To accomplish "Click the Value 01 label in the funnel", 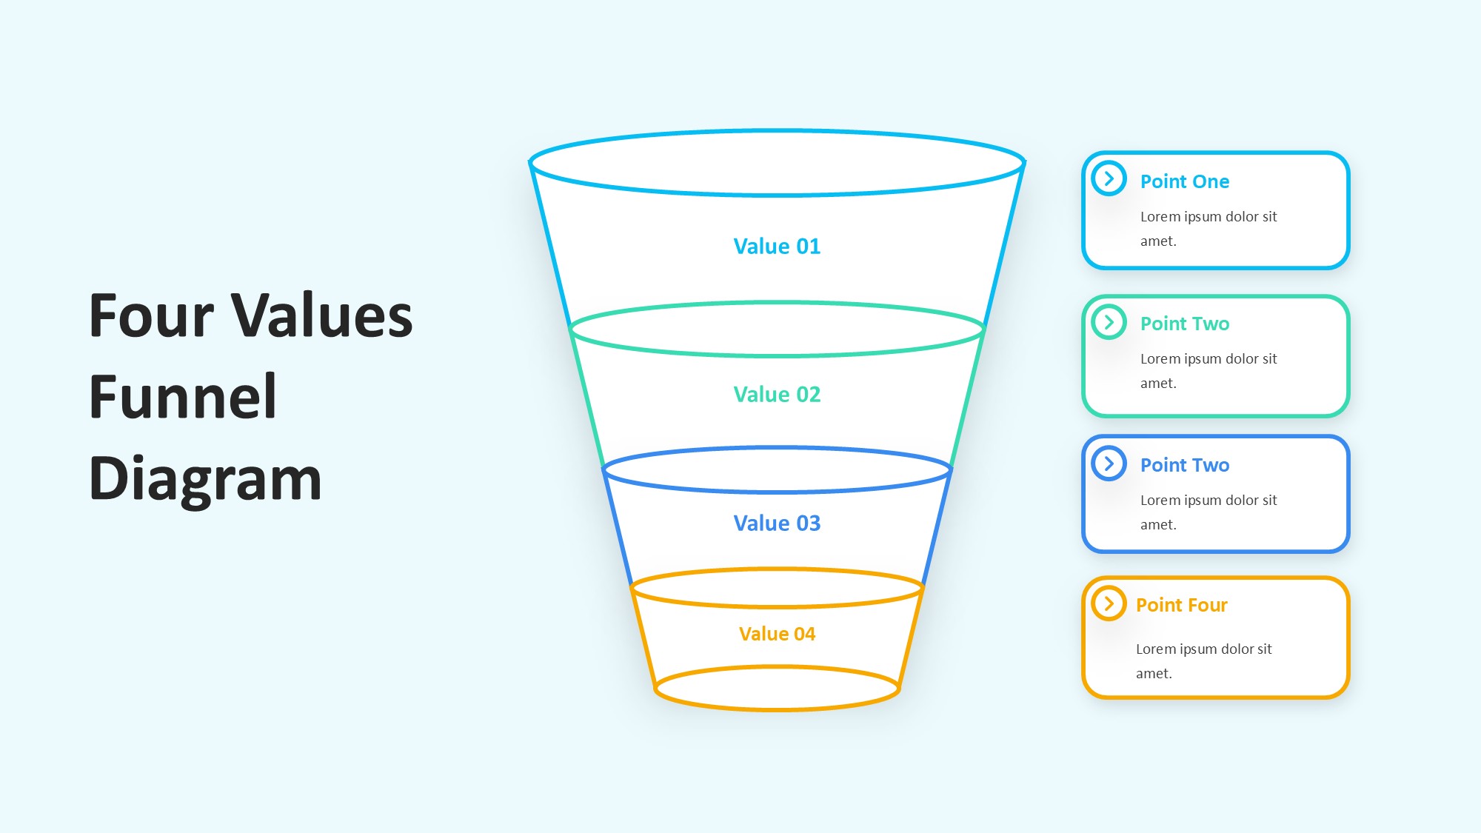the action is (777, 247).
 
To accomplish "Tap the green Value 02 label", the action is (777, 395).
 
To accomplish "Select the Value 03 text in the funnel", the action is (777, 523).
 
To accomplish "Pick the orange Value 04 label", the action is (777, 634).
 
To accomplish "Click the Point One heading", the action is (1185, 181).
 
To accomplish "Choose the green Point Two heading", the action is (1185, 324).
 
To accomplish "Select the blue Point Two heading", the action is (1185, 465).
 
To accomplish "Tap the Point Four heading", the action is (1182, 605).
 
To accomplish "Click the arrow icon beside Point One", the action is (1109, 178).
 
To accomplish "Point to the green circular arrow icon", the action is (1109, 322).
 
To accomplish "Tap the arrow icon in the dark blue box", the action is (1109, 464).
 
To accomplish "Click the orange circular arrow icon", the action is (1109, 603).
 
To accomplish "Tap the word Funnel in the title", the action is (183, 397).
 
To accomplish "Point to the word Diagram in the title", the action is (205, 480).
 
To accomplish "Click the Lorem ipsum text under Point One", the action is (1208, 229).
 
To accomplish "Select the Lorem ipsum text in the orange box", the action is (1204, 661).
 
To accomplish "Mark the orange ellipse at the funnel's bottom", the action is (778, 709).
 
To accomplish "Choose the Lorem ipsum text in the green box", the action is (1208, 371).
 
